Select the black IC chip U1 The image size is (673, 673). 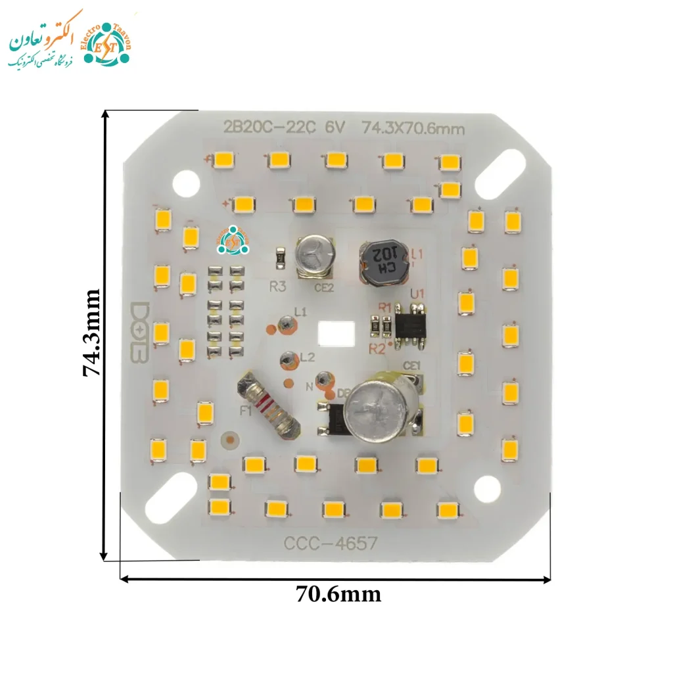(411, 323)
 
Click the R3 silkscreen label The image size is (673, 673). (278, 287)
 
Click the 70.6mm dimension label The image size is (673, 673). (338, 594)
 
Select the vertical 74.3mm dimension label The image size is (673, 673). (91, 333)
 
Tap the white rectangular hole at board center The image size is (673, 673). (336, 334)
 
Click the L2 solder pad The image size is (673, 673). (287, 360)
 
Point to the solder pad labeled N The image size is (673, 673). (323, 379)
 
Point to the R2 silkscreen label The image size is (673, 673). (377, 348)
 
